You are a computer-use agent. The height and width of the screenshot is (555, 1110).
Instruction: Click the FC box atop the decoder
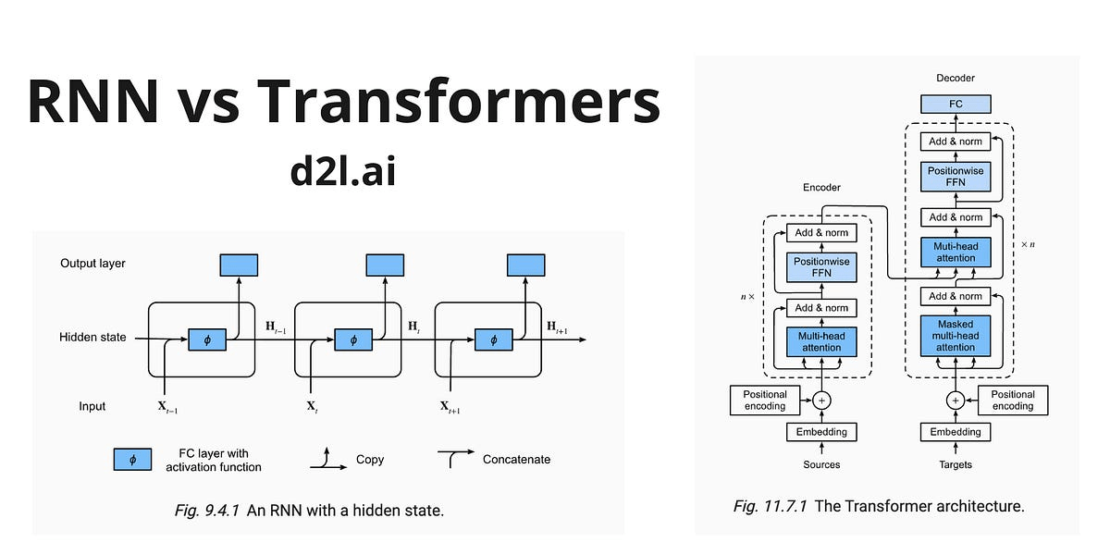point(956,104)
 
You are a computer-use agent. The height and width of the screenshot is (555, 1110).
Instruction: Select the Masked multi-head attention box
point(956,336)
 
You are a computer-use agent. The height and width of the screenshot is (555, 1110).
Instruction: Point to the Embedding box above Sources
point(821,431)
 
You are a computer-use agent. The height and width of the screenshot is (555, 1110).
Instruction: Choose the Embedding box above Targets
point(956,431)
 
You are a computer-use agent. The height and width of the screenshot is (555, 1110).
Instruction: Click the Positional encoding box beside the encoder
point(765,400)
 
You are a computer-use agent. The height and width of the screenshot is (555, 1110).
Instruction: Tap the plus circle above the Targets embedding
point(956,401)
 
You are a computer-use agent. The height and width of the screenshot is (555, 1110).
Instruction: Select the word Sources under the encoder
point(821,463)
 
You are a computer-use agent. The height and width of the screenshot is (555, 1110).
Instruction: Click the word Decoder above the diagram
point(956,79)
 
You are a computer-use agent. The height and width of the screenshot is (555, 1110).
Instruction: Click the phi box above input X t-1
point(206,339)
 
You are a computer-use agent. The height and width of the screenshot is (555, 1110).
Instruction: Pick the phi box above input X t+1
point(493,339)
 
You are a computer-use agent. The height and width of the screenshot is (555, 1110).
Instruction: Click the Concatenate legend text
point(516,459)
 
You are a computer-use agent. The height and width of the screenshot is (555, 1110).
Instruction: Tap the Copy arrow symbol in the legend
point(326,458)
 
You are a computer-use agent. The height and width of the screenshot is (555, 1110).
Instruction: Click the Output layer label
point(92,264)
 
